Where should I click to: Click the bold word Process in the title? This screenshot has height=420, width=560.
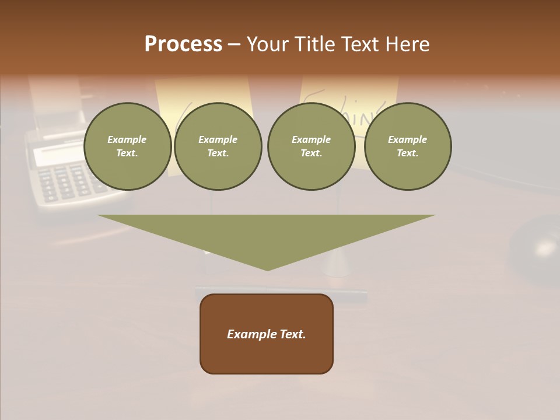(x=183, y=44)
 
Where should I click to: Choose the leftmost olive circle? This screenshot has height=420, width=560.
(x=127, y=146)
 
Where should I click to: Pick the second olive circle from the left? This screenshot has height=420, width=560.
(x=218, y=146)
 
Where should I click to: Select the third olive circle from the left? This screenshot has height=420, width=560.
(x=311, y=146)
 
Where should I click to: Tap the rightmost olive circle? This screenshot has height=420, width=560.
(x=407, y=146)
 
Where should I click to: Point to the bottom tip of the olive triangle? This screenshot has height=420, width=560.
(x=267, y=269)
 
